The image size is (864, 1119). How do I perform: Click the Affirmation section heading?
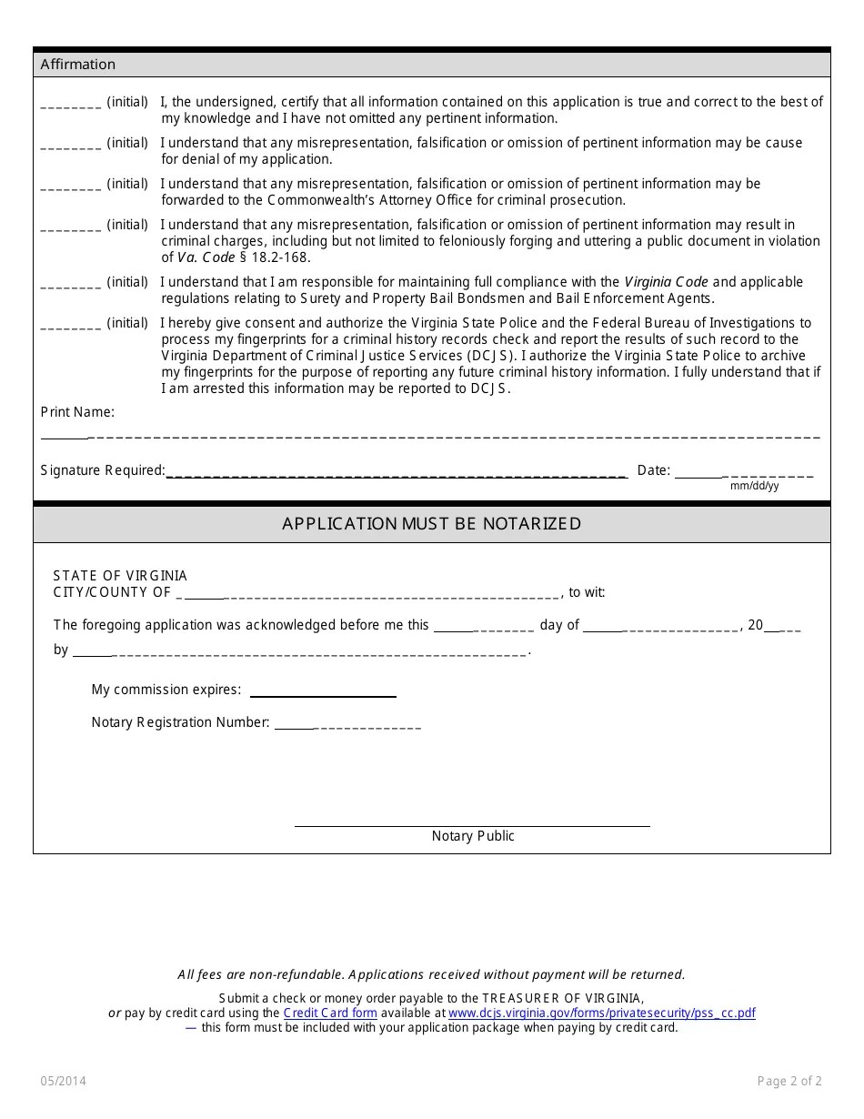[78, 65]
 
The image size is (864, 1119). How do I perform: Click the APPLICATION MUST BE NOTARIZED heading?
[431, 524]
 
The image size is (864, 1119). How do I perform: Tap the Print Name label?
[77, 412]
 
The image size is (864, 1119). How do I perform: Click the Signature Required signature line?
[397, 473]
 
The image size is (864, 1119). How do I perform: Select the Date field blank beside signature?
[744, 473]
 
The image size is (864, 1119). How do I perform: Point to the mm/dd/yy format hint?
[754, 486]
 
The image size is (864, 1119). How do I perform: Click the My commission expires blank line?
[323, 692]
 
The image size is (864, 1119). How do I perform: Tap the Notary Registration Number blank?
[347, 725]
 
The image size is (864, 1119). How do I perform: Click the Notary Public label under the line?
[473, 836]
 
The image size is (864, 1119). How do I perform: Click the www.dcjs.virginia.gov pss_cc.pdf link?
[601, 1013]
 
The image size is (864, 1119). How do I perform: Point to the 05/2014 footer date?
[64, 1082]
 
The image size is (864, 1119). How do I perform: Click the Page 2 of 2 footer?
[789, 1082]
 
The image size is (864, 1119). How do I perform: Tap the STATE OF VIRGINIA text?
[120, 576]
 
